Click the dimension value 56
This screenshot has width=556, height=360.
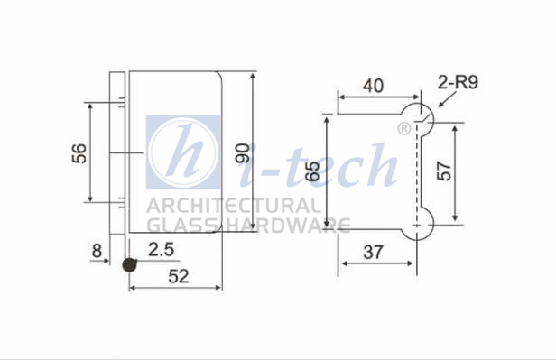pyautogui.click(x=79, y=153)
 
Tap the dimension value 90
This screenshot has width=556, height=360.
pyautogui.click(x=243, y=152)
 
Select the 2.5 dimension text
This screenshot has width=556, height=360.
pyautogui.click(x=161, y=249)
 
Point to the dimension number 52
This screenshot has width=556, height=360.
pyautogui.click(x=179, y=276)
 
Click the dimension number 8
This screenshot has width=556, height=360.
pyautogui.click(x=97, y=251)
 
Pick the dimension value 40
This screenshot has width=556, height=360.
pyautogui.click(x=373, y=86)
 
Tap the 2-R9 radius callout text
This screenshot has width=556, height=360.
pyautogui.click(x=458, y=82)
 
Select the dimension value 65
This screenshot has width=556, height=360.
pyautogui.click(x=312, y=171)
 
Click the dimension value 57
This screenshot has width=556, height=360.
pyautogui.click(x=443, y=171)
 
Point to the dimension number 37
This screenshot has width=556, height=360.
pyautogui.click(x=373, y=253)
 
